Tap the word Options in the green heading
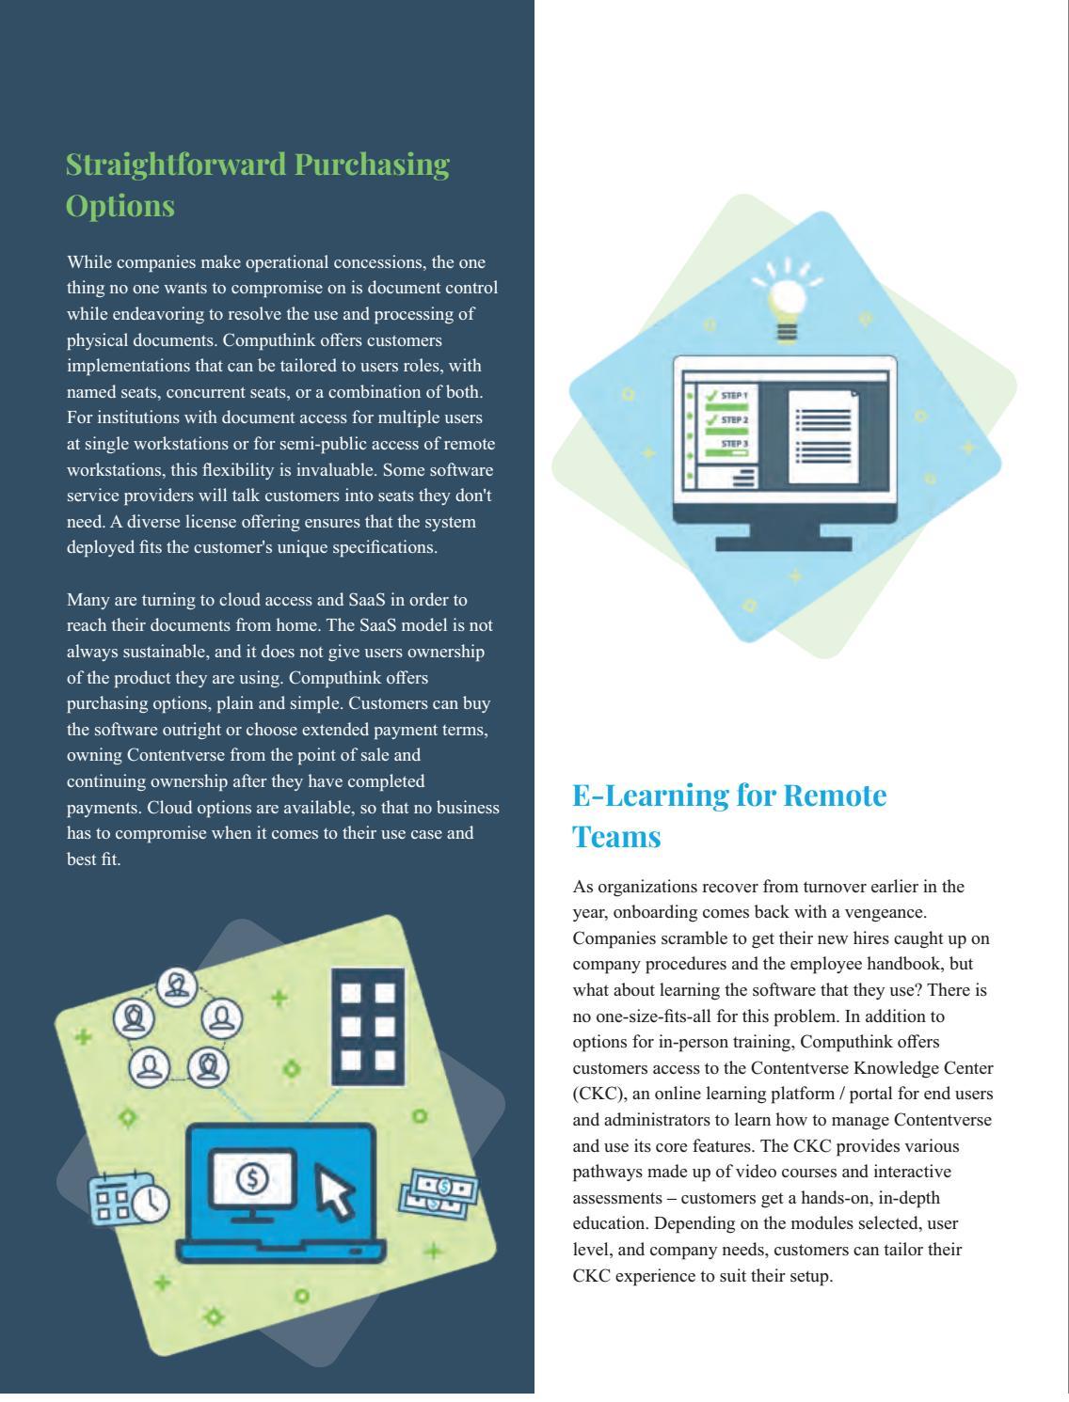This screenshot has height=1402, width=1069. tap(120, 206)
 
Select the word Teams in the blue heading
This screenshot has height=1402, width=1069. tap(616, 837)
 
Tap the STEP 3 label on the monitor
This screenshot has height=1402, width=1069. tap(734, 443)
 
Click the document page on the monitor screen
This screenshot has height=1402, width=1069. tap(822, 433)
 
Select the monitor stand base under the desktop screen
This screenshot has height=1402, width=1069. tap(783, 543)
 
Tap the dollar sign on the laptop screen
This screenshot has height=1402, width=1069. tap(251, 1178)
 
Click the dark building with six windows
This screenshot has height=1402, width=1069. tap(368, 1026)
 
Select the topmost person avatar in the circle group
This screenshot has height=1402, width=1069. tap(177, 985)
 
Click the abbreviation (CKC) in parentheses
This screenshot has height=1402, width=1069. tap(595, 1095)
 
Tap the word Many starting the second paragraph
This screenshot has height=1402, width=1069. tap(88, 600)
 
